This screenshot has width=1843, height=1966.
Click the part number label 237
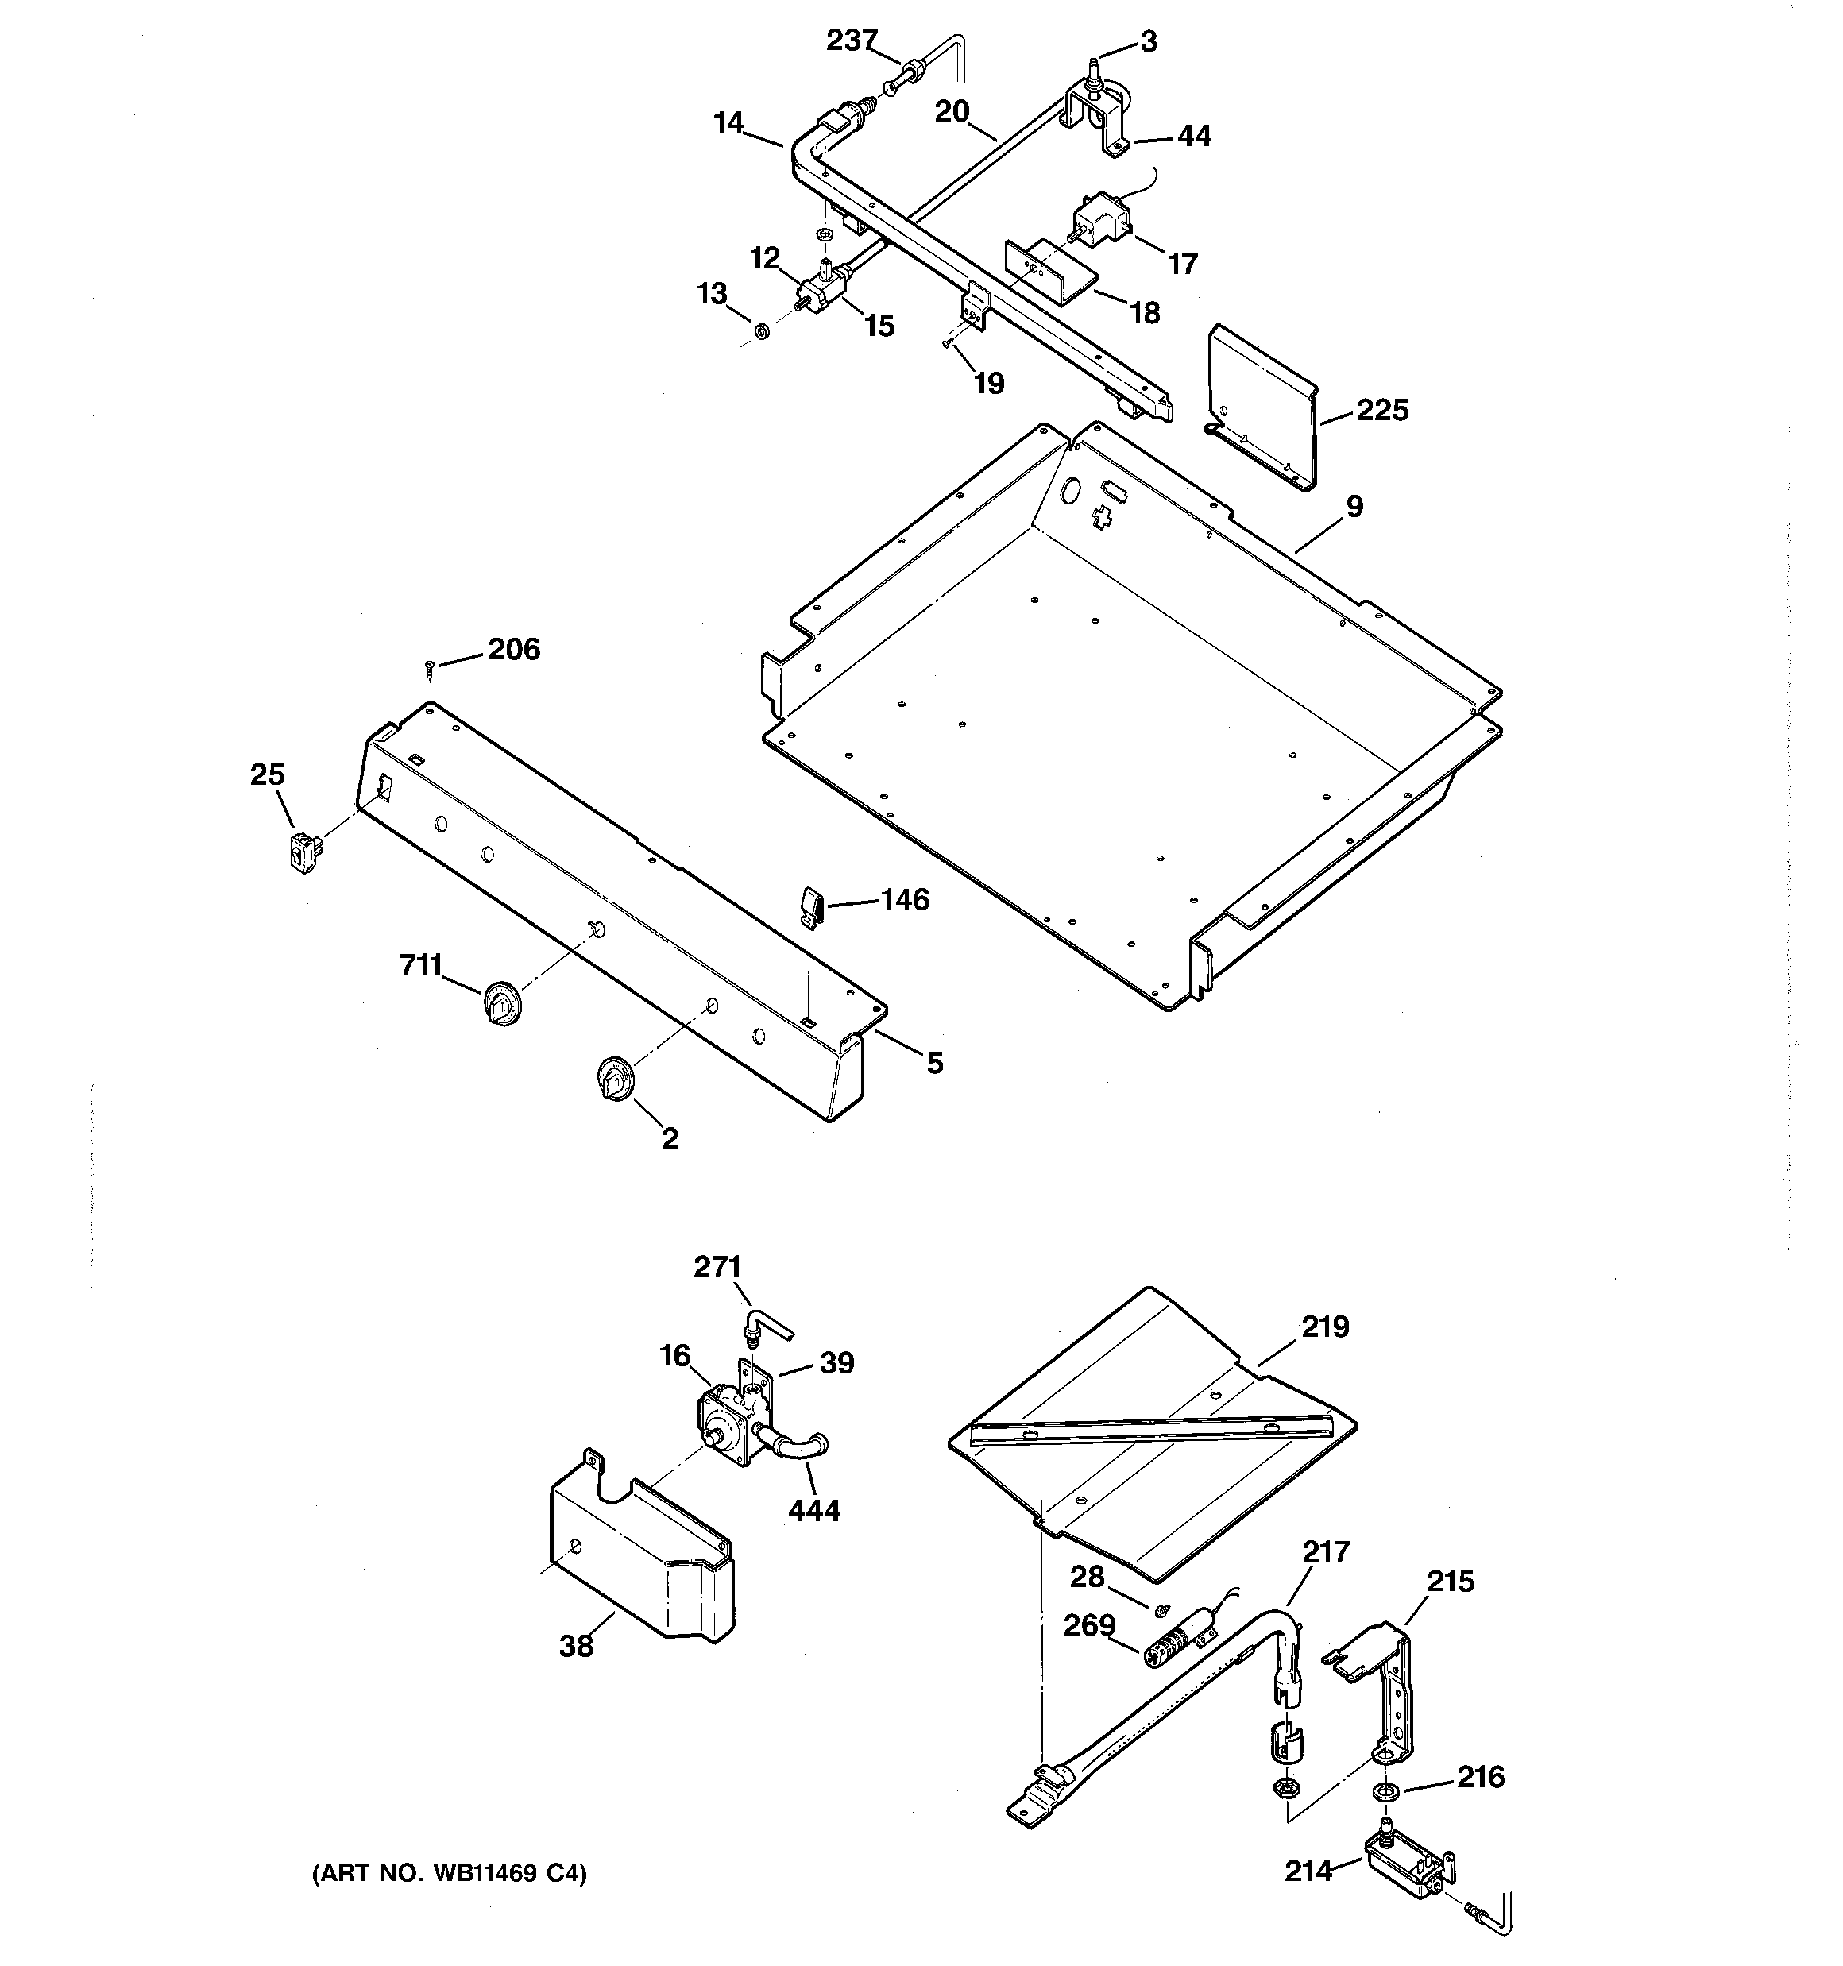click(852, 41)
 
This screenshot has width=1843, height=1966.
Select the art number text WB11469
click(484, 1873)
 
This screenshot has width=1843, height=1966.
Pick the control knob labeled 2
click(613, 1078)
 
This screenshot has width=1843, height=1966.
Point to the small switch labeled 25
click(306, 851)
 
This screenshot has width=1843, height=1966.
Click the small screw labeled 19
click(947, 343)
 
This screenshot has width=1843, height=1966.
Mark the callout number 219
click(1324, 1327)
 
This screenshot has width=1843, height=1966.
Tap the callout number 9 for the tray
click(1354, 506)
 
